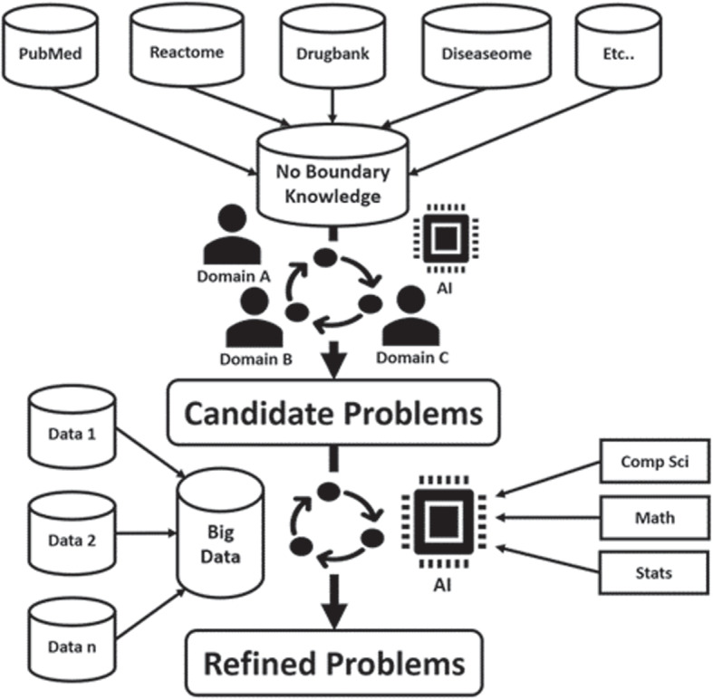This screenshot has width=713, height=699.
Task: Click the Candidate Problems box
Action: (332, 412)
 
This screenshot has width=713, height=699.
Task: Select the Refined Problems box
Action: (333, 662)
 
